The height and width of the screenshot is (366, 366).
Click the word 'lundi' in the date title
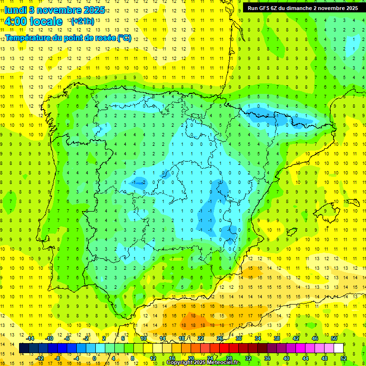(15, 10)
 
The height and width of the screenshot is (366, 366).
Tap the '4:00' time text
(16, 21)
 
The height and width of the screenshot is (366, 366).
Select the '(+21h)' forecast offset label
(82, 21)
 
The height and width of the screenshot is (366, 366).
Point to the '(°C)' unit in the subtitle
(124, 38)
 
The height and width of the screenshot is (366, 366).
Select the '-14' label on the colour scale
(30, 338)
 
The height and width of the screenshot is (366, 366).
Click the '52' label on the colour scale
(344, 358)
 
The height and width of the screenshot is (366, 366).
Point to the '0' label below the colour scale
(94, 358)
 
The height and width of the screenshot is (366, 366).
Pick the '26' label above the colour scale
(220, 338)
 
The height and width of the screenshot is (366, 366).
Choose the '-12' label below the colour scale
(40, 358)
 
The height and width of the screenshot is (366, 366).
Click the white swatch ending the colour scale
(338, 348)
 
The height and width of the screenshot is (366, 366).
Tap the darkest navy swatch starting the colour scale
(24, 348)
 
